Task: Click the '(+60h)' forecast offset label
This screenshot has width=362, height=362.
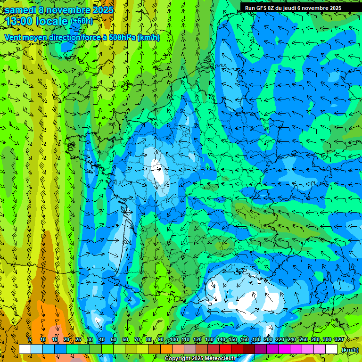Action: point(82,21)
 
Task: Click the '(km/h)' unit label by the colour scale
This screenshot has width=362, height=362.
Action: point(350,350)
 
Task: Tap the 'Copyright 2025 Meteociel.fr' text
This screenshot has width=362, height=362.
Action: point(200,359)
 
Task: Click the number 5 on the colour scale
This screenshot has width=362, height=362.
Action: point(30,340)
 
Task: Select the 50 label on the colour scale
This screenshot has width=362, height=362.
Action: point(113,340)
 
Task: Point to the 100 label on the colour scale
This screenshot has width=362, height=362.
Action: point(174,340)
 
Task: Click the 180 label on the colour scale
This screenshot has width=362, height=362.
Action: point(256,340)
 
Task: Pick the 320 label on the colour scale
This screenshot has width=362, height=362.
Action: point(338,340)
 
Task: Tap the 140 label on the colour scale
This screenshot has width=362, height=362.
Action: point(221,340)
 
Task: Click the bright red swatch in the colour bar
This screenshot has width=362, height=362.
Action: point(225,349)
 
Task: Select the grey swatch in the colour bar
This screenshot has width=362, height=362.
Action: point(190,349)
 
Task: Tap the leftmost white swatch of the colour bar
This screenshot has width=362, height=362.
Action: point(25,349)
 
